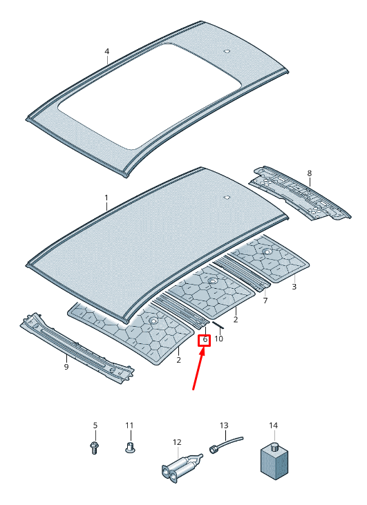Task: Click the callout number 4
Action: [x=107, y=51]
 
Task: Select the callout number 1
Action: [x=106, y=198]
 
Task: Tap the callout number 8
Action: [x=310, y=173]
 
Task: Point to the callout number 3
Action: [x=294, y=286]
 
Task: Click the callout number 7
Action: [x=265, y=301]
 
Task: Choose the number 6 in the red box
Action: [x=205, y=339]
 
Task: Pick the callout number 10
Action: [x=218, y=339]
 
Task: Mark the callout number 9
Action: [x=66, y=367]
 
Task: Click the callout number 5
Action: [x=95, y=426]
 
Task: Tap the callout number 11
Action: [x=129, y=426]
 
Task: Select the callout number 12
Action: [x=177, y=442]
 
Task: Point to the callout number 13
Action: [x=224, y=426]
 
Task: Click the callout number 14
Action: [x=273, y=426]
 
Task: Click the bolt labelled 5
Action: [x=94, y=448]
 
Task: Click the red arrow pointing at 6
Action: [x=198, y=368]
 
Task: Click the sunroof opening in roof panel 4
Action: [x=149, y=96]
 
